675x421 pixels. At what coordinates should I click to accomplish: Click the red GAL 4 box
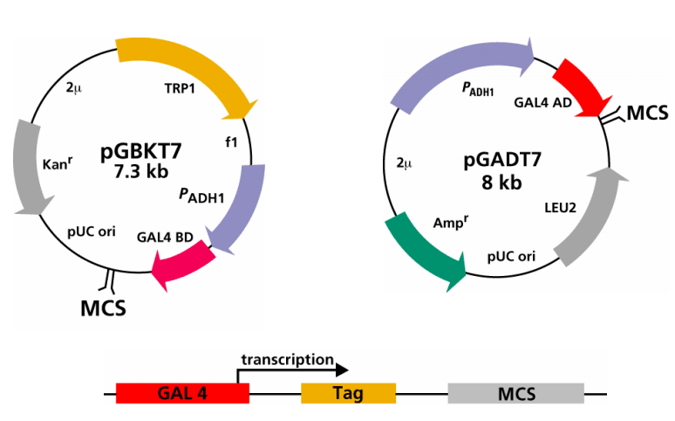182,393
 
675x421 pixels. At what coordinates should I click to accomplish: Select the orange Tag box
348,393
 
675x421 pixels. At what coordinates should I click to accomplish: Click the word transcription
288,360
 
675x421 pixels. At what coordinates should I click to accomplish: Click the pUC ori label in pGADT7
511,258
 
